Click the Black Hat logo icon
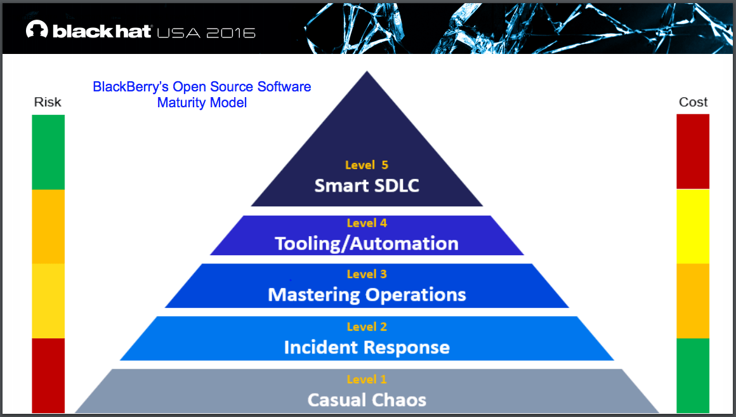[37, 30]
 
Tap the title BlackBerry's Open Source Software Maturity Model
[202, 94]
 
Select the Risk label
[48, 102]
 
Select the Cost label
[693, 102]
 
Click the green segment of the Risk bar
[48, 152]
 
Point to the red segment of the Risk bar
[48, 374]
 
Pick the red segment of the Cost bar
[693, 151]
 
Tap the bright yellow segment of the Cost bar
[693, 226]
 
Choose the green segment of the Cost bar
[693, 374]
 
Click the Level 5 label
[367, 165]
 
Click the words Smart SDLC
[367, 186]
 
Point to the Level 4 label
[367, 223]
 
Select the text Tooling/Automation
[367, 244]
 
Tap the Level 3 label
[367, 274]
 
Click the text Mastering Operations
[367, 295]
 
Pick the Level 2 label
[367, 327]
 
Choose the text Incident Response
[367, 348]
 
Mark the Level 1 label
[367, 380]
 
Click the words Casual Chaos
[367, 400]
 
